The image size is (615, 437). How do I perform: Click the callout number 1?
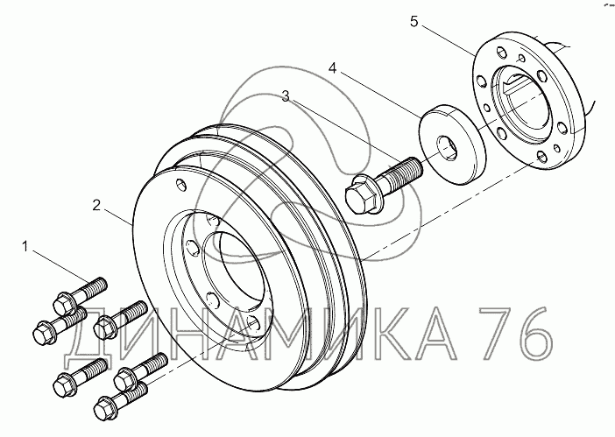(x=26, y=250)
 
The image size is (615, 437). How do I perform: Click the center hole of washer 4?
(x=449, y=144)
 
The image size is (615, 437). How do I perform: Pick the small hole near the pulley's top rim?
(x=180, y=186)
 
